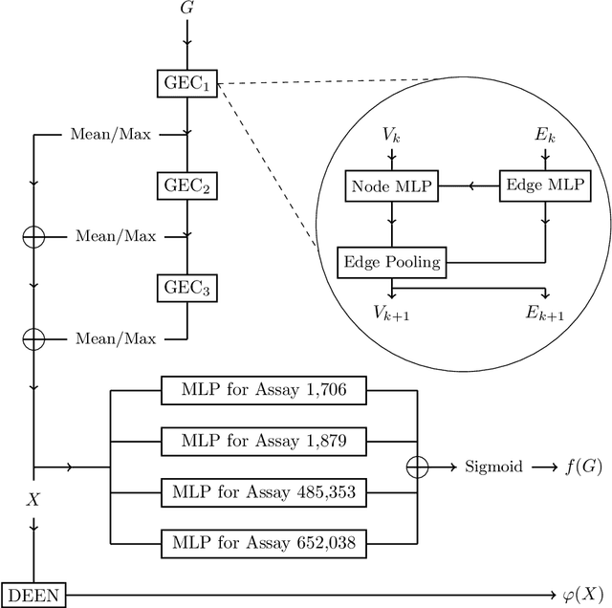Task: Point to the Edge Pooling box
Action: pyautogui.click(x=393, y=262)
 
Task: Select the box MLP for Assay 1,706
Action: pyautogui.click(x=263, y=389)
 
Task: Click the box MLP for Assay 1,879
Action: pyautogui.click(x=263, y=441)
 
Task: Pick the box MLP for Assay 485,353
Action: pyautogui.click(x=263, y=492)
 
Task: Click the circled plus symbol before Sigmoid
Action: pyautogui.click(x=417, y=467)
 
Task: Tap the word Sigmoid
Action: pyautogui.click(x=492, y=467)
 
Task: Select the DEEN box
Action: pyautogui.click(x=33, y=596)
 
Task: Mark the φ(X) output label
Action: pyautogui.click(x=582, y=596)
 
